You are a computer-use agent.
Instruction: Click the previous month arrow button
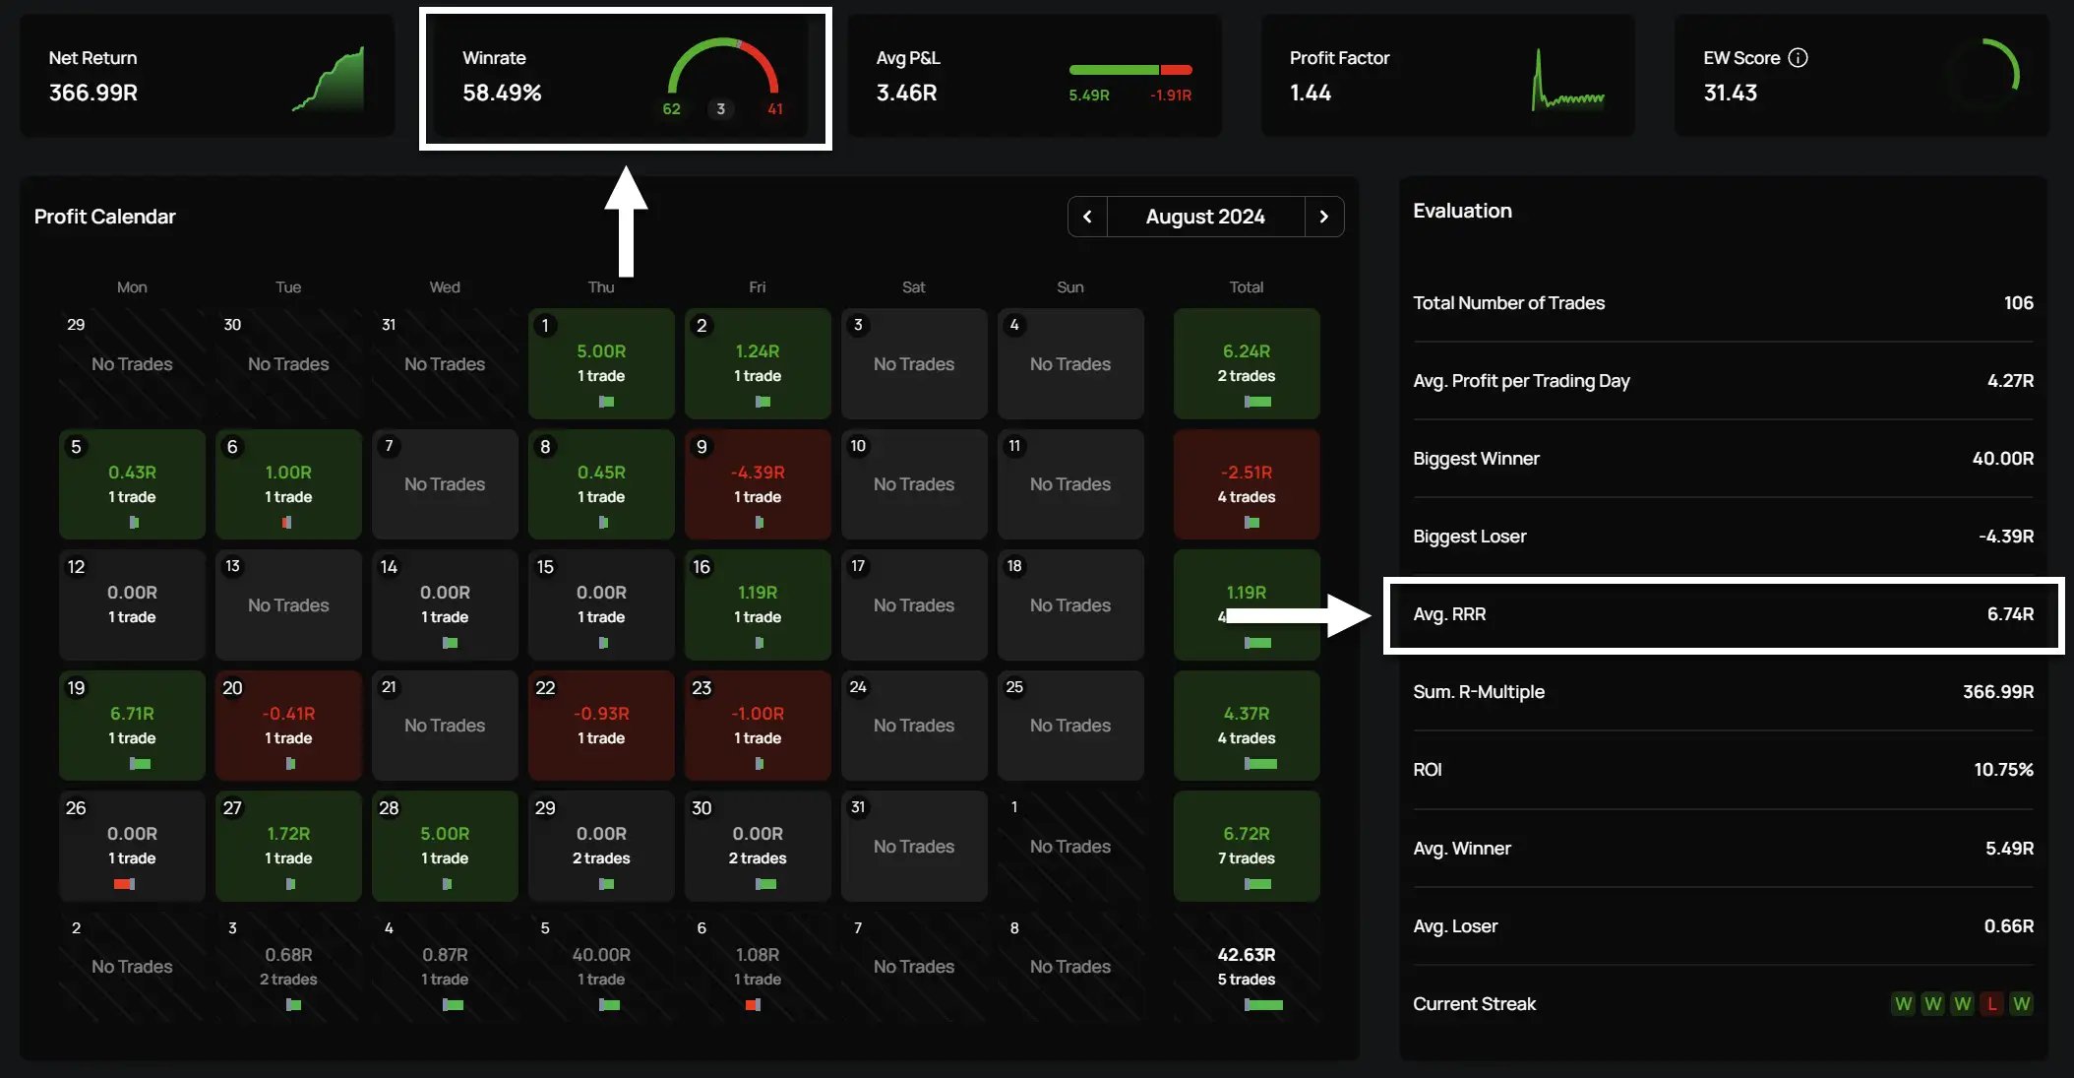click(1087, 217)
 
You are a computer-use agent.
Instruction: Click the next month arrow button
click(1324, 217)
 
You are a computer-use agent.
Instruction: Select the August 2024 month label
click(1205, 217)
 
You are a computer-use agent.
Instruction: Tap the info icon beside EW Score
click(1798, 58)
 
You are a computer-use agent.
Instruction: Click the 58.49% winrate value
click(502, 93)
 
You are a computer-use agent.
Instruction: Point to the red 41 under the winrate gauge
click(775, 109)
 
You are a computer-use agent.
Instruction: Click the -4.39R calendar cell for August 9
click(758, 474)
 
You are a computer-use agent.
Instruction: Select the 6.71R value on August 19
click(132, 714)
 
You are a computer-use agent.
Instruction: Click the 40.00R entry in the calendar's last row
click(601, 955)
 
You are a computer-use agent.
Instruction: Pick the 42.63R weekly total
click(1246, 955)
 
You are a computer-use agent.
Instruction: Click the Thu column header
click(601, 287)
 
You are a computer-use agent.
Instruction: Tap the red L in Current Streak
click(1991, 1004)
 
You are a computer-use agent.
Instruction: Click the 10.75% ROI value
click(2003, 770)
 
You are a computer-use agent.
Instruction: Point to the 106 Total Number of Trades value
click(2018, 303)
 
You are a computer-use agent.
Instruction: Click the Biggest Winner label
click(1476, 459)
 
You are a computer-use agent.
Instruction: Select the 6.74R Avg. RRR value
click(2009, 614)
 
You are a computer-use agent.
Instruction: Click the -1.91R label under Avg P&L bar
click(1170, 95)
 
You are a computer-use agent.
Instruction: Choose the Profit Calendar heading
click(105, 217)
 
